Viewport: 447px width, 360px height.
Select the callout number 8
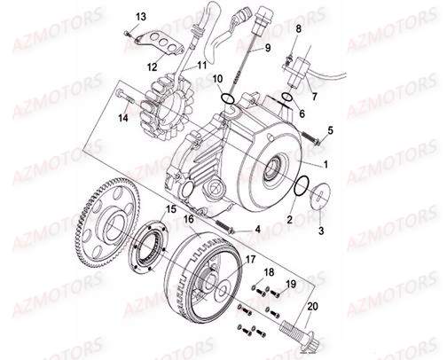tap(298, 29)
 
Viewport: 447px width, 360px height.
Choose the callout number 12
tap(152, 65)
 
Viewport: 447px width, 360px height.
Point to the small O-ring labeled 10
tap(227, 98)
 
